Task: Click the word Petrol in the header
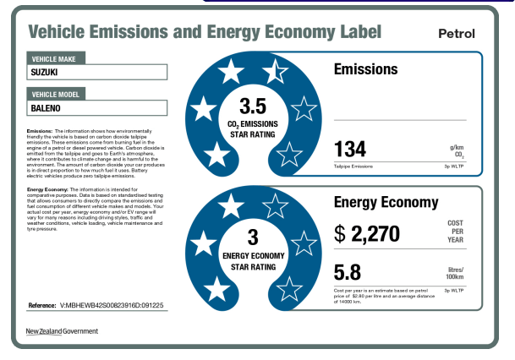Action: click(x=457, y=34)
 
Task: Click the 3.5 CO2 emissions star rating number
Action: click(x=253, y=107)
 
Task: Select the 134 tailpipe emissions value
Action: click(x=350, y=150)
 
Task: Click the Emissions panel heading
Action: click(x=365, y=69)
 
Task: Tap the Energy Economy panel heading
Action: click(x=386, y=202)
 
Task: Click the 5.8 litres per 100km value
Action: click(x=348, y=273)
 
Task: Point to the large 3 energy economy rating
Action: click(x=252, y=237)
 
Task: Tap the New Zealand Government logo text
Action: click(x=62, y=330)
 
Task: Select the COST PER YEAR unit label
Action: click(x=455, y=232)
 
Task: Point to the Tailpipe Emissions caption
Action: click(x=353, y=166)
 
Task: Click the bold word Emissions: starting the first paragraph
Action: click(x=39, y=132)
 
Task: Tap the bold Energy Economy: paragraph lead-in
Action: click(x=47, y=189)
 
